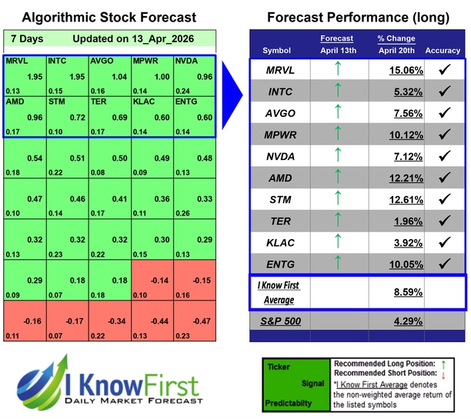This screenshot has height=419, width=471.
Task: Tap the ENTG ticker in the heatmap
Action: (x=187, y=100)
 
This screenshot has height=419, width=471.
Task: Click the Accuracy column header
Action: (x=442, y=51)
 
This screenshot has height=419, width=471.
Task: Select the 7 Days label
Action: (x=28, y=38)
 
